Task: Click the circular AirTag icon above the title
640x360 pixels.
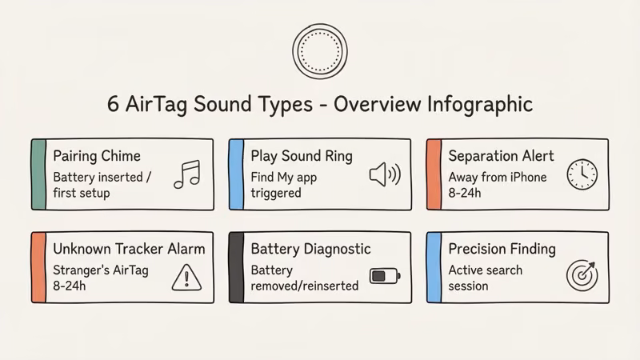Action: pos(319,50)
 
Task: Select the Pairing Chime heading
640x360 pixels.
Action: pos(96,155)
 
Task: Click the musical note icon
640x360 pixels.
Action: pos(187,174)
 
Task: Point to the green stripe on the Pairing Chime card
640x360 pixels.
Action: pos(38,174)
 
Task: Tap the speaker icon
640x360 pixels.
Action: pos(384,175)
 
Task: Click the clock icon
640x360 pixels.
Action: pos(582,174)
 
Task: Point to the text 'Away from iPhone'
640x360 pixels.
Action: pos(498,177)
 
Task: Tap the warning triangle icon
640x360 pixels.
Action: pos(186,277)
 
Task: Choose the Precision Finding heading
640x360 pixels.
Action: pos(502,249)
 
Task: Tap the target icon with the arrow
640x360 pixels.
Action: pos(582,274)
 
